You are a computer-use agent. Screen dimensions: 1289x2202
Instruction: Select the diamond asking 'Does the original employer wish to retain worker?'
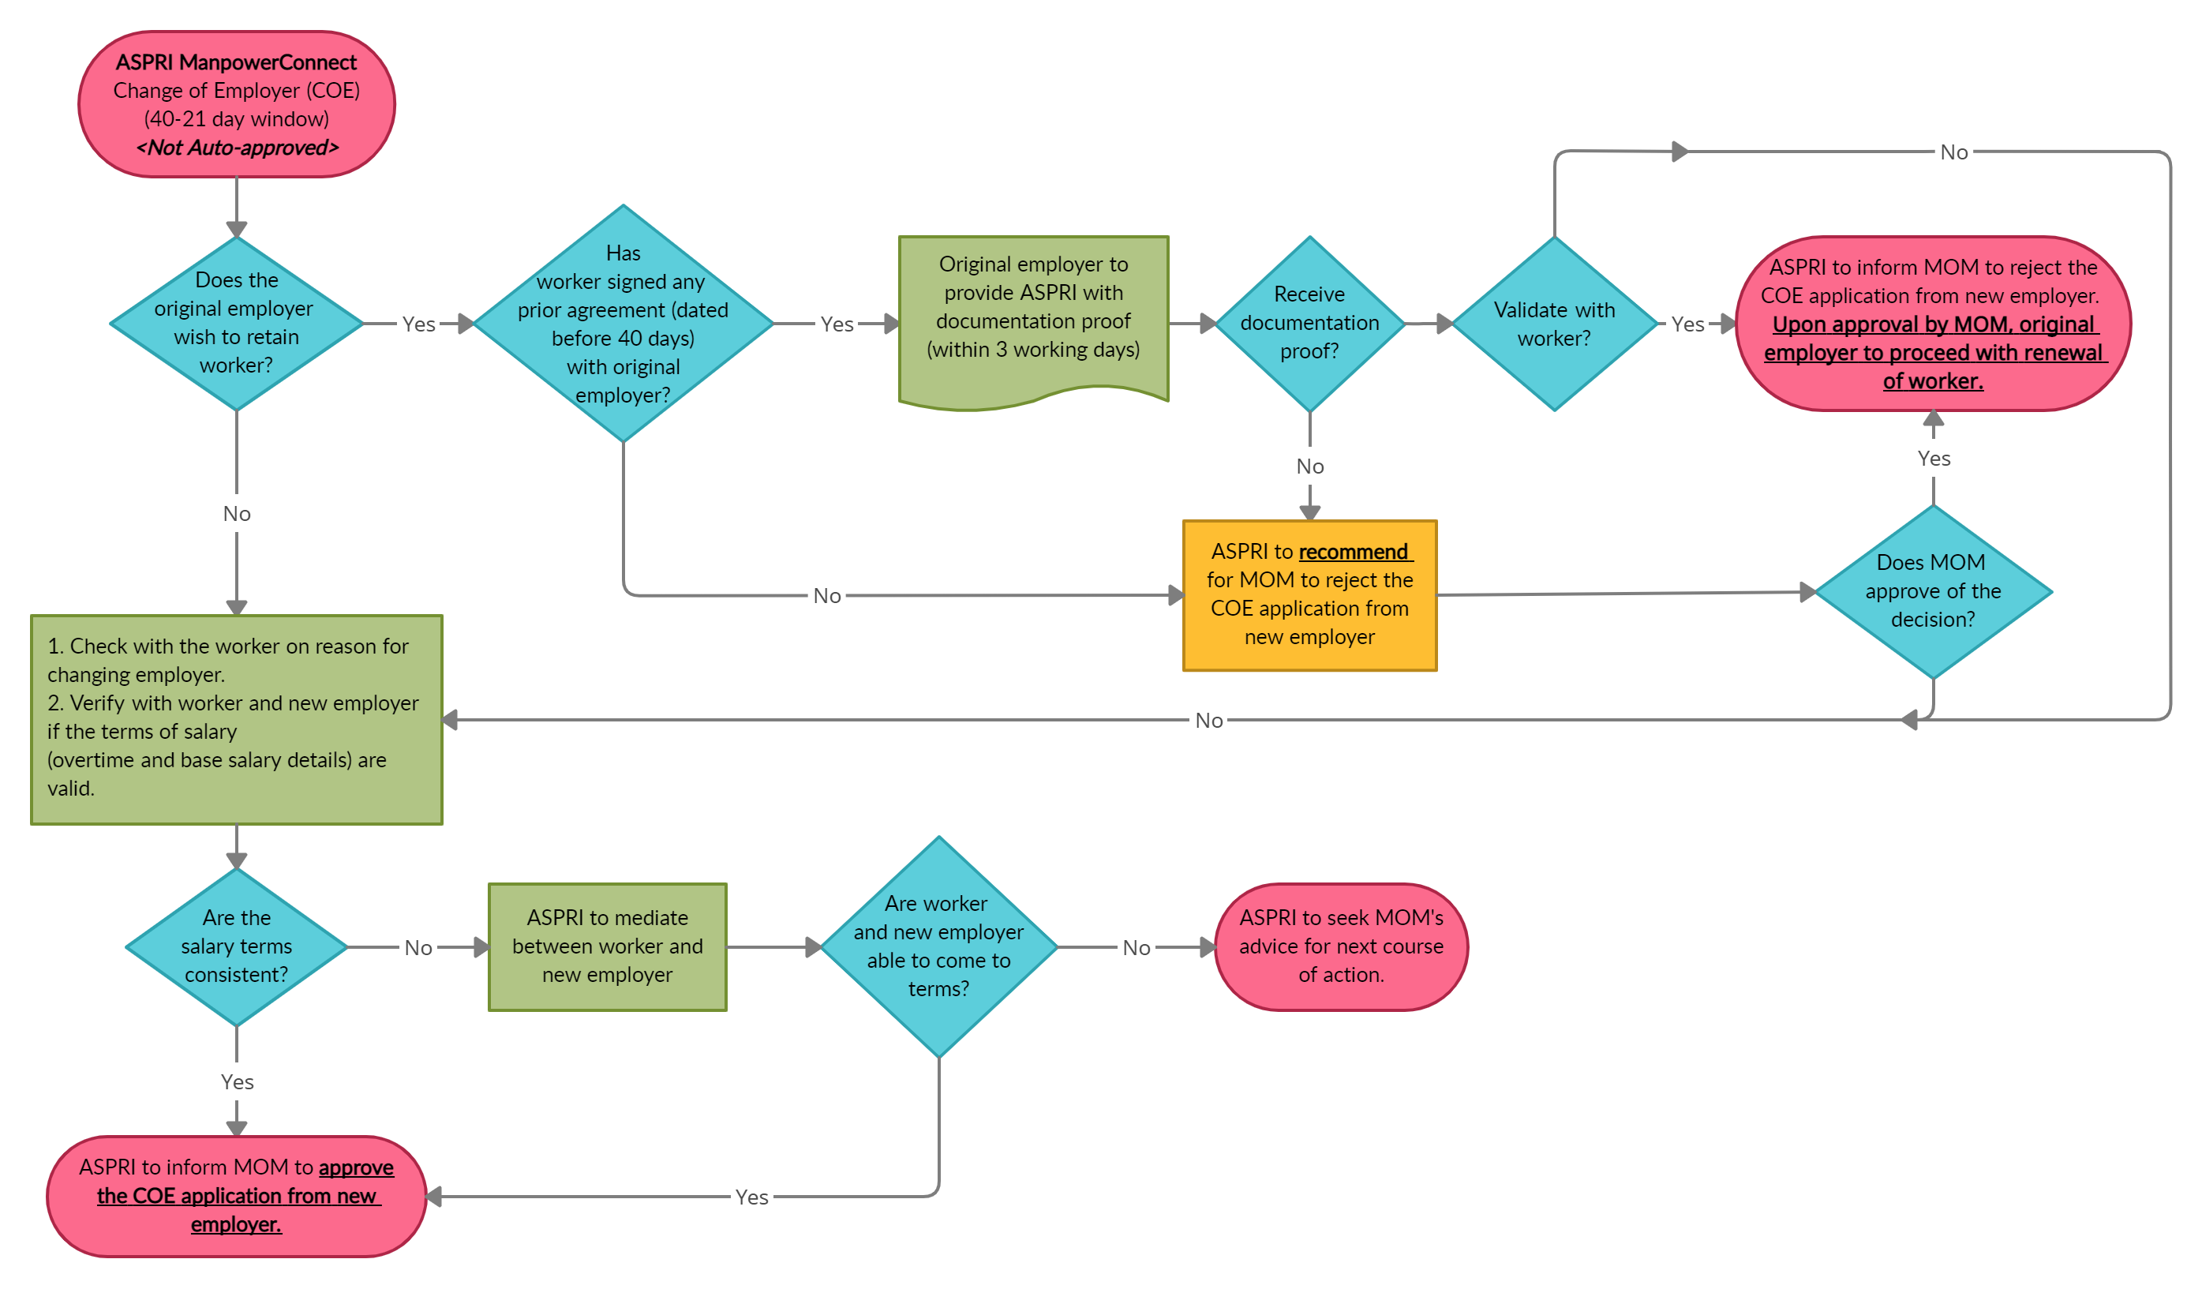pos(236,324)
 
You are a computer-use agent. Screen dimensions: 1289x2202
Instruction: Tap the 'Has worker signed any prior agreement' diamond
pos(623,324)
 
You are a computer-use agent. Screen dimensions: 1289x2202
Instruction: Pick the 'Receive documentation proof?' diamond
pos(1309,324)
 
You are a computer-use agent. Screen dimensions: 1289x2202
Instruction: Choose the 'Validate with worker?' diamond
pos(1553,324)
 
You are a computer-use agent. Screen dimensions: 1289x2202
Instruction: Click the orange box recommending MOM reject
pos(1309,595)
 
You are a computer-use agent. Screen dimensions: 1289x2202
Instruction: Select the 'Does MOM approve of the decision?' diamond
pos(1933,592)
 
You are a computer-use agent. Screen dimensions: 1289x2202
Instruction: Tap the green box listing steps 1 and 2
pos(236,719)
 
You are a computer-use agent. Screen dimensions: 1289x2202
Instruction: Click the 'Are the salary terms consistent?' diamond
pos(236,946)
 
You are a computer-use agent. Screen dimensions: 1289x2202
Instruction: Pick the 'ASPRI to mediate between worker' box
pos(607,946)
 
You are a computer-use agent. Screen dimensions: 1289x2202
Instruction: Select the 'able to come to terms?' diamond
pos(938,946)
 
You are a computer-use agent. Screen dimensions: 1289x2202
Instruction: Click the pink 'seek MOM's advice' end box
pos(1340,946)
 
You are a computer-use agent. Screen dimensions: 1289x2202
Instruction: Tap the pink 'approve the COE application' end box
pos(236,1196)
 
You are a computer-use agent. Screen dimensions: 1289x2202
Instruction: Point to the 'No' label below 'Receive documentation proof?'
pos(1309,467)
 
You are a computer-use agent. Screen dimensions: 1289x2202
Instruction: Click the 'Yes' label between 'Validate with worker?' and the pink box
pos(1687,324)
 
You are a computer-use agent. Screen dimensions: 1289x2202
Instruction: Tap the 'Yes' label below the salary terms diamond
pos(237,1082)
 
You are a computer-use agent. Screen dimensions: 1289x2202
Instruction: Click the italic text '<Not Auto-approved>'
pos(237,148)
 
